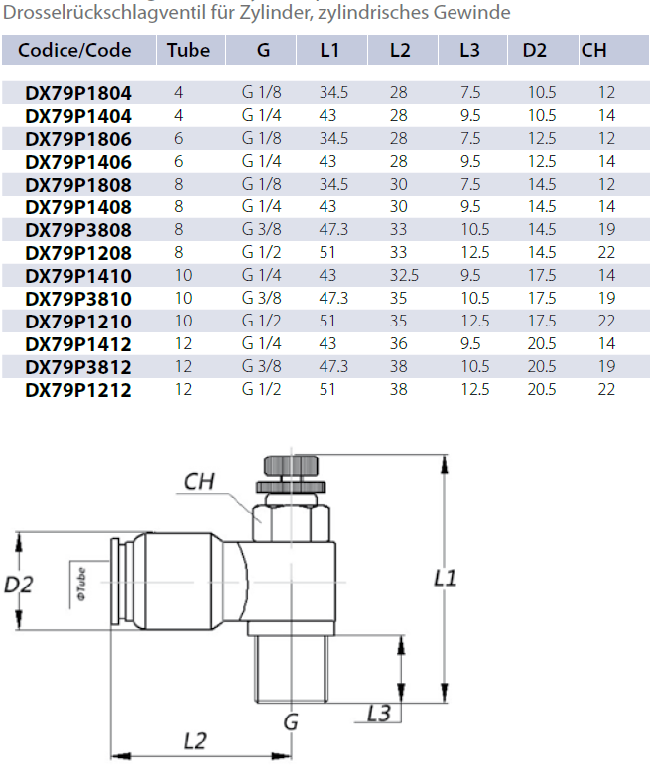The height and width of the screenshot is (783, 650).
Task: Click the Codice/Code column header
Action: point(74,50)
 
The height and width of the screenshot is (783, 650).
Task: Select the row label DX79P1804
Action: point(78,93)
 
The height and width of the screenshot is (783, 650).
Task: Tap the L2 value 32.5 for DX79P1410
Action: point(404,275)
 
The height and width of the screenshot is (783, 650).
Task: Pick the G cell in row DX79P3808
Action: point(262,229)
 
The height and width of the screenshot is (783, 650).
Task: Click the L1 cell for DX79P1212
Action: point(327,389)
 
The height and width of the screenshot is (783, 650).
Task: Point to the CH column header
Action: point(593,50)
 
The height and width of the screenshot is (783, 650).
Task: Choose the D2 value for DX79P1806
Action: point(542,138)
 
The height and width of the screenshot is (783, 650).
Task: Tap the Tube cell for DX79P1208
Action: point(179,252)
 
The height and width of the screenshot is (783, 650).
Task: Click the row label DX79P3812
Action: point(78,367)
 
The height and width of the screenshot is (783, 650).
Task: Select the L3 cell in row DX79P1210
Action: point(474,322)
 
